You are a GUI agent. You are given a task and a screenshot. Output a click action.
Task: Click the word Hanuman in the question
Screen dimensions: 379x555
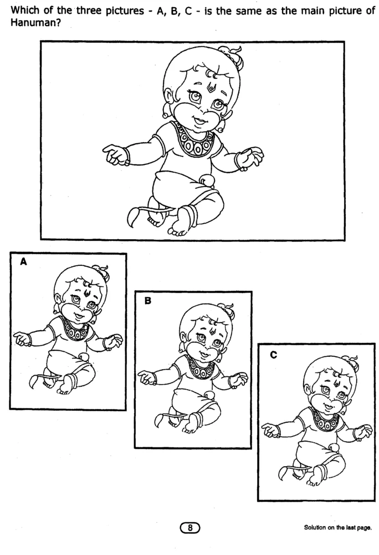tap(30, 23)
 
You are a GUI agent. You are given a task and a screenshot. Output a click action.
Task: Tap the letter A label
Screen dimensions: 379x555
tap(23, 261)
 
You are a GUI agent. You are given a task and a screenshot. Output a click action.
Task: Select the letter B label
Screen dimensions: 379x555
tap(148, 300)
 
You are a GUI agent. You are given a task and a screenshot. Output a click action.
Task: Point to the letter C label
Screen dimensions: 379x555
tap(274, 354)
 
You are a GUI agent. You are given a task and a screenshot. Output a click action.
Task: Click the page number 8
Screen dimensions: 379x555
tap(190, 528)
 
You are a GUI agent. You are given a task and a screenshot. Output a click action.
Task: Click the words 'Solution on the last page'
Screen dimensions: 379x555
tap(337, 528)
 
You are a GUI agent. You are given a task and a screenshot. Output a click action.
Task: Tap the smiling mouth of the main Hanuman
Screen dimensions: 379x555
tap(198, 120)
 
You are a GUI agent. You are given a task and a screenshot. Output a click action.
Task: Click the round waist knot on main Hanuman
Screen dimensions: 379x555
tap(208, 181)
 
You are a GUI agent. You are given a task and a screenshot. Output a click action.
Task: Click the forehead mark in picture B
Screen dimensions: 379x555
tap(212, 331)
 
